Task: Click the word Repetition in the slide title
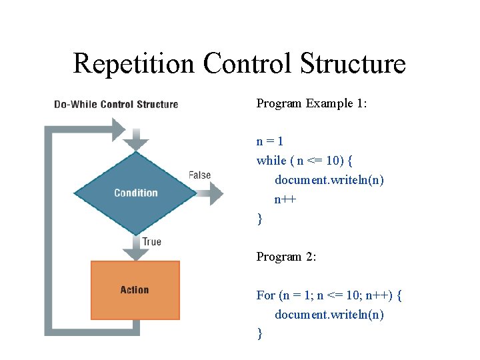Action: tap(134, 64)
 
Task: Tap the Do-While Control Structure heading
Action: tap(116, 104)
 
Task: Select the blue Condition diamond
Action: tap(135, 193)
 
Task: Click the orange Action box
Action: tap(135, 290)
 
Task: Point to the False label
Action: tap(199, 175)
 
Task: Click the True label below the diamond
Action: tap(151, 241)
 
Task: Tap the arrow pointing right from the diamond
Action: tap(212, 194)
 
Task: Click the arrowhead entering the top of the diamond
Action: tap(135, 141)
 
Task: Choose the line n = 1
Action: tap(270, 141)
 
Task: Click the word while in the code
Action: tap(271, 161)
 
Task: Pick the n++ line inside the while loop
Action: tap(285, 199)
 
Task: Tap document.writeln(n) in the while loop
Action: tap(329, 180)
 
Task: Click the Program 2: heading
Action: tap(286, 257)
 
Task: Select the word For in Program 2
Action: tap(265, 295)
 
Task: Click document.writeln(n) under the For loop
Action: tap(329, 314)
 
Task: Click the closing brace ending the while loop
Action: tap(259, 219)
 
